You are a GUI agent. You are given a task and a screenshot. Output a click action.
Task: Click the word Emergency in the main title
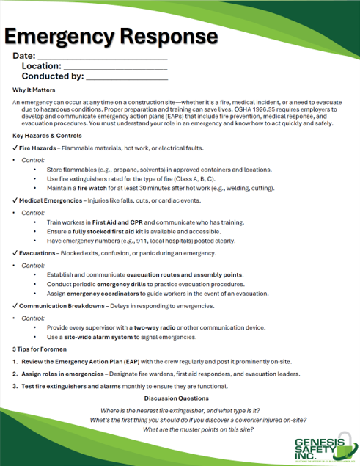(x=62, y=36)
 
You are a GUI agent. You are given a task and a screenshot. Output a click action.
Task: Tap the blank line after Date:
(x=102, y=58)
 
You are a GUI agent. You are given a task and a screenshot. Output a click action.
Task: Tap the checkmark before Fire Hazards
(x=15, y=148)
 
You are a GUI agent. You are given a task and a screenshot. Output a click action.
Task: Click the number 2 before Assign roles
(x=15, y=374)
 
